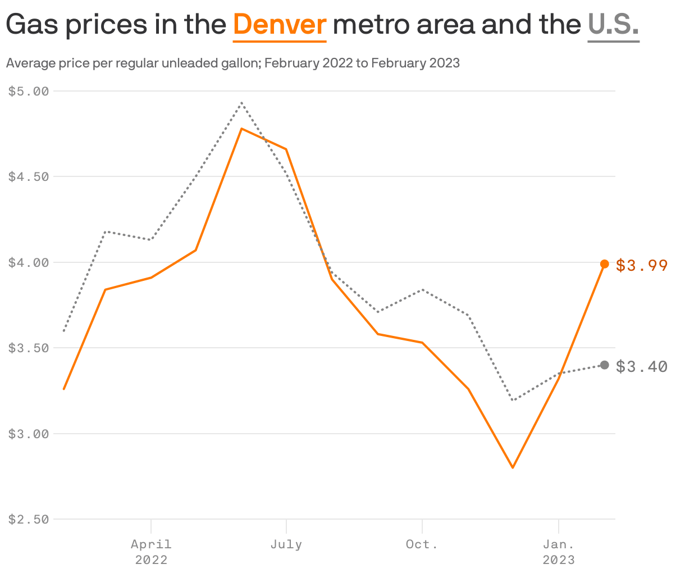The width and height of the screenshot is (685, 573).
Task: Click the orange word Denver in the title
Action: coord(280,25)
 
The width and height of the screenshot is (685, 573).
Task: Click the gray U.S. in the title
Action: coord(613,25)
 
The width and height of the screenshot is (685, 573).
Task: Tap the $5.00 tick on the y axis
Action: coord(29,91)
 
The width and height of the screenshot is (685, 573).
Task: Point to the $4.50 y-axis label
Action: coord(29,176)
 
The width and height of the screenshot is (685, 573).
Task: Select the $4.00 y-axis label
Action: coord(29,262)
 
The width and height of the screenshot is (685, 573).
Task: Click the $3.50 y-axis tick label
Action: coord(29,348)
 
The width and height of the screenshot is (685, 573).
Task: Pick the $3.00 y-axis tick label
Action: coord(29,434)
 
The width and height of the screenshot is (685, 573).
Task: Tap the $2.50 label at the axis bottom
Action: coord(29,519)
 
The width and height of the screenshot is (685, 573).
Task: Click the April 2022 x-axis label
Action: coord(151,552)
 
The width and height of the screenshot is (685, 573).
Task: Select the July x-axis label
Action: coord(286,544)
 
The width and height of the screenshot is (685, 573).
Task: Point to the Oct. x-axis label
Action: coord(422,544)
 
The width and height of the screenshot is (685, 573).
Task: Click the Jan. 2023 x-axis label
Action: coord(558,552)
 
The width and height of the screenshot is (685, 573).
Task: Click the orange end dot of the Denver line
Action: coord(605,264)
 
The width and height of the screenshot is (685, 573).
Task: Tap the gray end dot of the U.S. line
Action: coord(605,365)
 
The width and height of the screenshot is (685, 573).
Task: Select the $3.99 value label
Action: coord(641,265)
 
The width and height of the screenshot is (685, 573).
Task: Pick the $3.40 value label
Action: coord(641,366)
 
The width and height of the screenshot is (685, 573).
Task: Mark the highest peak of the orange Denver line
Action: coord(241,129)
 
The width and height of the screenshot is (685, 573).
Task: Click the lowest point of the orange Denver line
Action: coord(513,467)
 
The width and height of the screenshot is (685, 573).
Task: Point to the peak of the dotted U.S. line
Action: coord(241,103)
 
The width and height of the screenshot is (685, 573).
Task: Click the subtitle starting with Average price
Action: coord(232,63)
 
